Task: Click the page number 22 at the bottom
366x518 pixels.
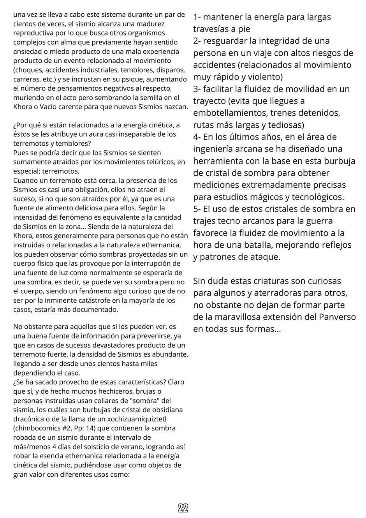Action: coord(183,508)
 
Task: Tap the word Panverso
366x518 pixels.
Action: coord(338,317)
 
